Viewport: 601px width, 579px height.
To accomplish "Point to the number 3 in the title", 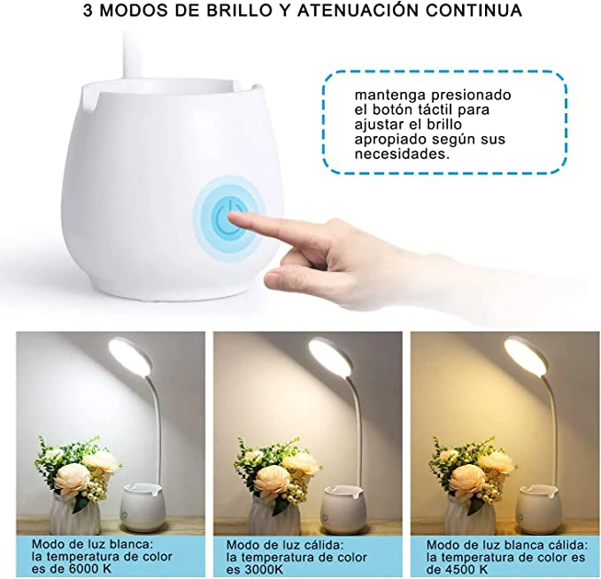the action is [x=88, y=11].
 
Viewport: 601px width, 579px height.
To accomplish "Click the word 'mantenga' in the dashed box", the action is [x=389, y=95].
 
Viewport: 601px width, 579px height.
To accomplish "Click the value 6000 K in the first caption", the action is [x=89, y=568].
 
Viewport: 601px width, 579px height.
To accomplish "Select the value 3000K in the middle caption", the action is [x=262, y=569].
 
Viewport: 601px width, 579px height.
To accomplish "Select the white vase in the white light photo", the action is [x=74, y=512].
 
